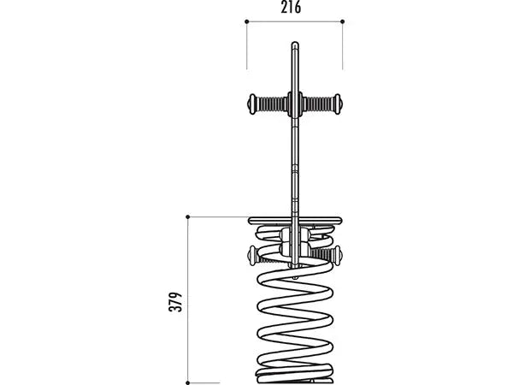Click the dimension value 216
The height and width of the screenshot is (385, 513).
point(291,8)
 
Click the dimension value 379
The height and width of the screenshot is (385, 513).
point(175,302)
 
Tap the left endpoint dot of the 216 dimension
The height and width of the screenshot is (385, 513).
point(247,21)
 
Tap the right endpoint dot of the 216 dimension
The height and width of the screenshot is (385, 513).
point(343,21)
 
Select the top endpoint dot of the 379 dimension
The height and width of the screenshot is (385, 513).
point(188,216)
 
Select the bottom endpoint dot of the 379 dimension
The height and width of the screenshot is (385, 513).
point(188,382)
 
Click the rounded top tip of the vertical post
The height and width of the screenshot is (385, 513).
point(295,44)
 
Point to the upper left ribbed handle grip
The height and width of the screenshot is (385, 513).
point(272,104)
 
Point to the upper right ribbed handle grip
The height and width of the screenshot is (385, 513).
point(318,104)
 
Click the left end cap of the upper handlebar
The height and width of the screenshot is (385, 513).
point(251,104)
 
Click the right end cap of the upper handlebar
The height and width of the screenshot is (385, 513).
point(338,104)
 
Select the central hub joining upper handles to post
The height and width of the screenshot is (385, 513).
point(295,104)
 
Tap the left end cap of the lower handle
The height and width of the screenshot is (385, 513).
point(252,255)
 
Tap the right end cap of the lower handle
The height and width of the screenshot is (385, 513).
point(338,255)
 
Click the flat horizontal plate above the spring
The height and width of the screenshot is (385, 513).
point(295,221)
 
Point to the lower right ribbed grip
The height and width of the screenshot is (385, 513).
point(321,254)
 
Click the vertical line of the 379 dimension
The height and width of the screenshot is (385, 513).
point(188,299)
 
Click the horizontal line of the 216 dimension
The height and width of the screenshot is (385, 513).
point(294,21)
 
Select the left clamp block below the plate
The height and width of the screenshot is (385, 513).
point(286,241)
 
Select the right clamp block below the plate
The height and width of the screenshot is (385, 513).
point(304,241)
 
